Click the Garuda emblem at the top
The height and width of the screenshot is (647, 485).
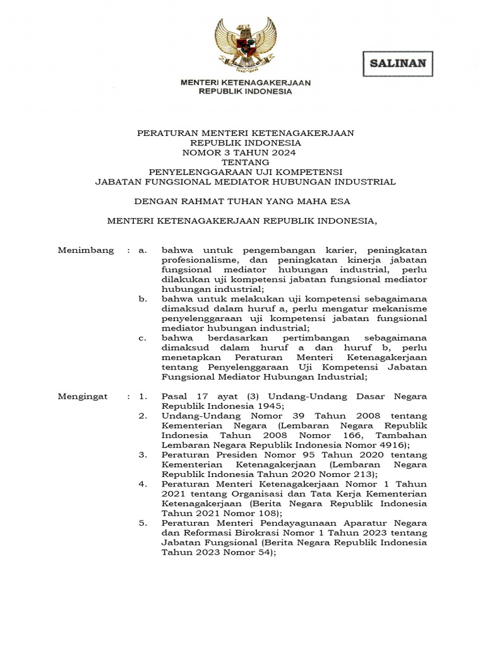click(245, 45)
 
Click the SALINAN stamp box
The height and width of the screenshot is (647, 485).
click(397, 63)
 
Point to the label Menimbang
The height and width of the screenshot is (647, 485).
click(85, 250)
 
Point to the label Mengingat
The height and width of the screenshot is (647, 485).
click(83, 396)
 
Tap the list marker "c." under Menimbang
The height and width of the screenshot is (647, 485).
click(142, 338)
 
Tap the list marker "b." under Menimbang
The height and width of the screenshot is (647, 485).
click(142, 298)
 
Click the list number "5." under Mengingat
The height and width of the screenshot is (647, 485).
click(143, 523)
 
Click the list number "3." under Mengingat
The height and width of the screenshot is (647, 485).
click(143, 454)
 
